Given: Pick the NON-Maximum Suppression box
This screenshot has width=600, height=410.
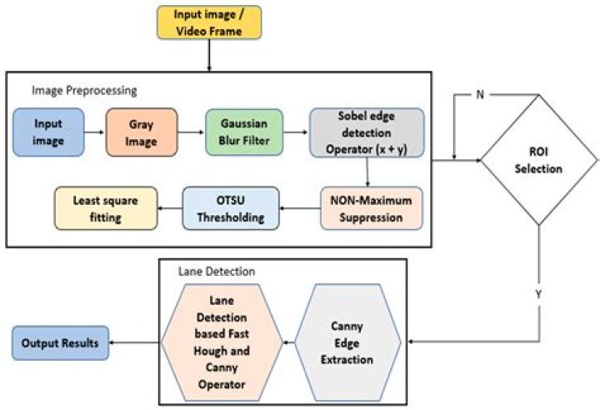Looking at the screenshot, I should (371, 208).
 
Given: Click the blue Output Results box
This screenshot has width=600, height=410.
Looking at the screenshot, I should (60, 342).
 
